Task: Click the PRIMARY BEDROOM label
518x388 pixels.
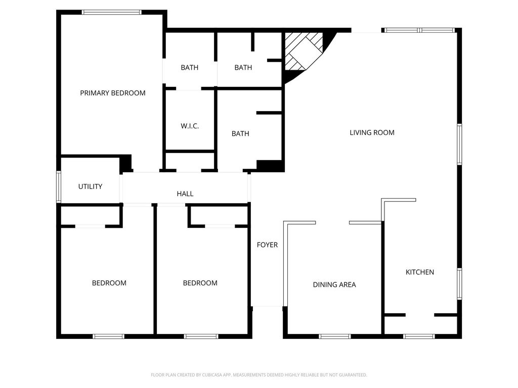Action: click(x=113, y=93)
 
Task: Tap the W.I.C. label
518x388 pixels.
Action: click(x=190, y=126)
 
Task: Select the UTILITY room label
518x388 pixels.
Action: click(x=90, y=186)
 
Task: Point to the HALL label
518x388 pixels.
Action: click(x=185, y=193)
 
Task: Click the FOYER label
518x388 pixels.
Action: click(x=267, y=245)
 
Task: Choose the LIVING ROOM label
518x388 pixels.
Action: click(x=372, y=133)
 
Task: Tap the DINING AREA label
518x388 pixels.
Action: click(x=334, y=285)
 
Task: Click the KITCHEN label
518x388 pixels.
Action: click(x=420, y=272)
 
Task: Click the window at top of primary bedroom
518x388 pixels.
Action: click(x=112, y=12)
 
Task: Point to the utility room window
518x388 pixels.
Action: click(x=59, y=186)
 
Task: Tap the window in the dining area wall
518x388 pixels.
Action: click(x=335, y=336)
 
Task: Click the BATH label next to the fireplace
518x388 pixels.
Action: click(x=243, y=68)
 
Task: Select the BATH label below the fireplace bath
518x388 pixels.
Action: click(x=240, y=133)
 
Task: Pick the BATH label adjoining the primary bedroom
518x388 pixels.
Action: click(x=190, y=68)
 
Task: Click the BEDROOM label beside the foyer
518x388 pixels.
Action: click(x=200, y=283)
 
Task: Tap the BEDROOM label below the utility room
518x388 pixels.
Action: click(x=109, y=283)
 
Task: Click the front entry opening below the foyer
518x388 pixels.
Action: click(x=268, y=307)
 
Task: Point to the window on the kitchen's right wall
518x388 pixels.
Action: click(x=459, y=284)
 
